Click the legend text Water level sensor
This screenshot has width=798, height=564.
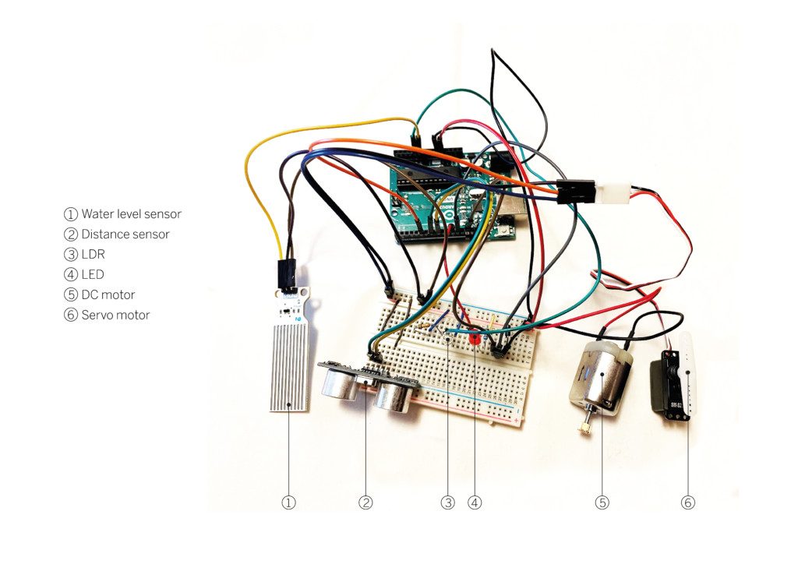click(x=131, y=213)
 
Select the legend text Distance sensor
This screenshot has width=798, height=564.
click(x=125, y=234)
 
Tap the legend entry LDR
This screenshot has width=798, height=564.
click(x=93, y=254)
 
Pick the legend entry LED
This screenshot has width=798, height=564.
click(x=92, y=274)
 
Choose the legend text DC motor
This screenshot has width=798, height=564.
click(x=108, y=294)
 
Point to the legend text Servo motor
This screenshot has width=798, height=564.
click(x=115, y=315)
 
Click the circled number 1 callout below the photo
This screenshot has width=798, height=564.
click(x=288, y=503)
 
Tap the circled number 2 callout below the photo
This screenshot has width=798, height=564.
click(x=365, y=503)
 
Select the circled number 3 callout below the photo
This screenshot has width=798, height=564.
click(x=447, y=503)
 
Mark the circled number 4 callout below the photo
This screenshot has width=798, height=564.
click(x=475, y=503)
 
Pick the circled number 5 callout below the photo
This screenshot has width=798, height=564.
click(x=602, y=503)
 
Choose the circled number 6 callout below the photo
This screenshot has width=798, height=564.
click(x=687, y=503)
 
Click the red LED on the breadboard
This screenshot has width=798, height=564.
click(x=474, y=338)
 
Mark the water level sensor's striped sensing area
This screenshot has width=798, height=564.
click(x=289, y=366)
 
